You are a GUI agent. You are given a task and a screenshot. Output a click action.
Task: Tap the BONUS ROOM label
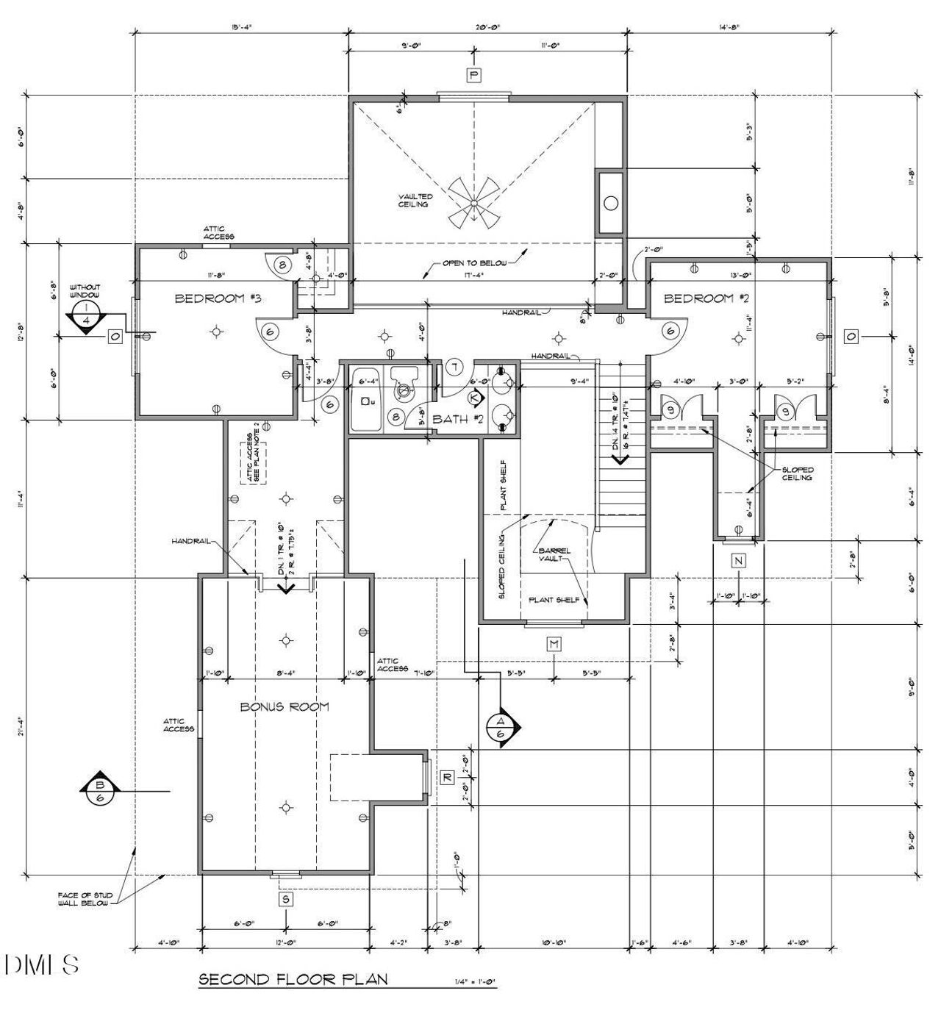point(285,706)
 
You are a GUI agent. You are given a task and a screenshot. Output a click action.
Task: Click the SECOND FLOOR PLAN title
point(293,979)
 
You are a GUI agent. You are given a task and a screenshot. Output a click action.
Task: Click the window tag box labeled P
point(474,75)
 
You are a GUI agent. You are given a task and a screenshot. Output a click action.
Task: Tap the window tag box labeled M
point(554,645)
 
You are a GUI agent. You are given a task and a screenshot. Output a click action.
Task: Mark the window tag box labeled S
point(285,898)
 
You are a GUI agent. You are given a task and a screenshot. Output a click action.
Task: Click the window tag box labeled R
point(446,778)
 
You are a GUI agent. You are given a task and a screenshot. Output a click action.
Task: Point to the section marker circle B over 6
point(100,791)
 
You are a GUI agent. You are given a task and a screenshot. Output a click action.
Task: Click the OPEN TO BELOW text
point(474,263)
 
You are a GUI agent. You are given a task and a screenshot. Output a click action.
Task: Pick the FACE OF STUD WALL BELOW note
point(83,898)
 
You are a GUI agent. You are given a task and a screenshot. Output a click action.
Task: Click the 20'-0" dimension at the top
point(487,27)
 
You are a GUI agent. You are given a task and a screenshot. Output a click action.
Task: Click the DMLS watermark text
point(42,964)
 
